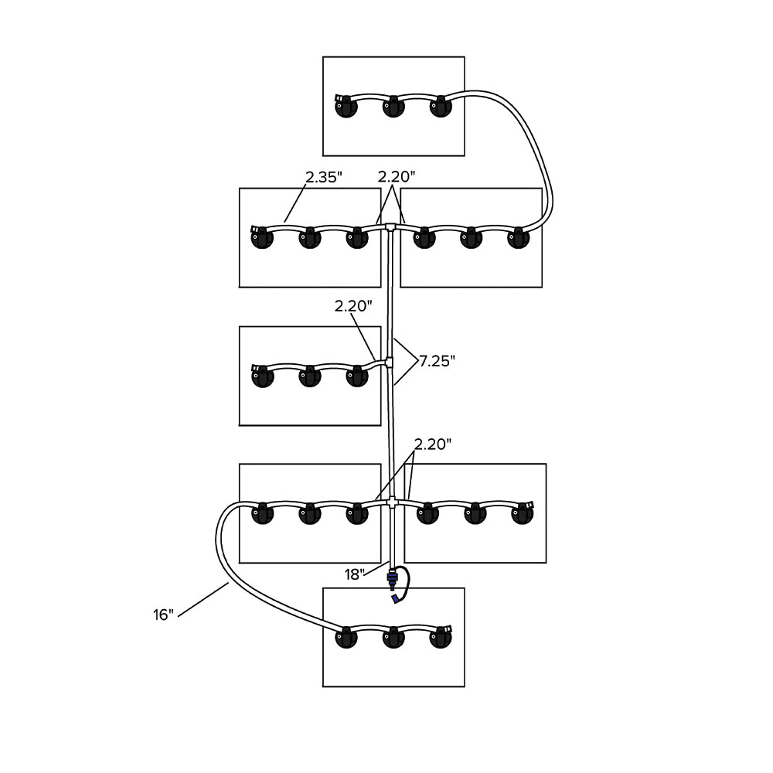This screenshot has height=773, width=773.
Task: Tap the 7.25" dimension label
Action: [438, 360]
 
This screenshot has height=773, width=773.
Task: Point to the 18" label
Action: [355, 574]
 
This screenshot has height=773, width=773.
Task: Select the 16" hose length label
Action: [164, 615]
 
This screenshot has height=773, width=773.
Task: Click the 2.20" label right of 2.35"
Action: [397, 177]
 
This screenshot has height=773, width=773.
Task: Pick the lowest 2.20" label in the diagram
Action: [433, 444]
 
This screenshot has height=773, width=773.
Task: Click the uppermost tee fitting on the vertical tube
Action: [392, 226]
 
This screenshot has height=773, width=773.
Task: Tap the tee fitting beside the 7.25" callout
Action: [391, 361]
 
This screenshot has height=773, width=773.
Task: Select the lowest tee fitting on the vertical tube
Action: [393, 502]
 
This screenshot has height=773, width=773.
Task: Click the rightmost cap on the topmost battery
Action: [441, 106]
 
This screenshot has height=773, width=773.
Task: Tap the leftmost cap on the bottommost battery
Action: [345, 639]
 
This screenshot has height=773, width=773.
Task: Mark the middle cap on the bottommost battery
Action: [393, 639]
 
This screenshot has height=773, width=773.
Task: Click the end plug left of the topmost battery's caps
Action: [339, 99]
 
